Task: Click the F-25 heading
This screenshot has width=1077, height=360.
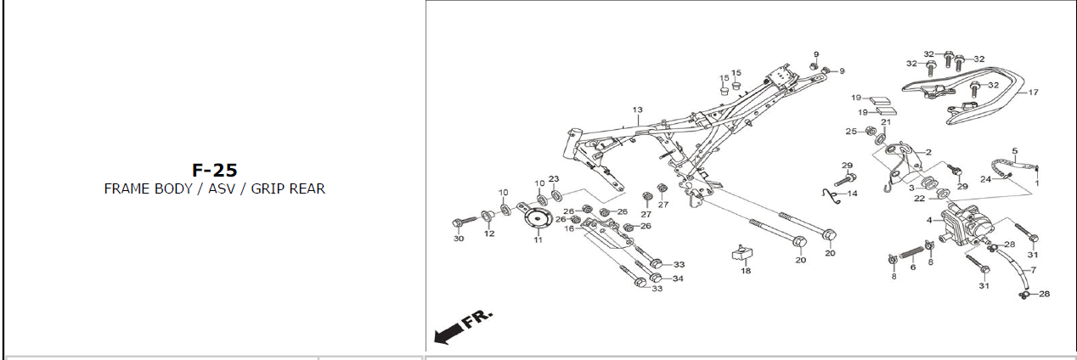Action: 214,171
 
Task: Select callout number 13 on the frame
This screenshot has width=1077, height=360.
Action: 638,110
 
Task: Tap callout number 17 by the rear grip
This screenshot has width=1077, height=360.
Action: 1034,93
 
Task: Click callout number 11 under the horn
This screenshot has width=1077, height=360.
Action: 537,240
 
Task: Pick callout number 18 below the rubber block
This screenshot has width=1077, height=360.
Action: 745,271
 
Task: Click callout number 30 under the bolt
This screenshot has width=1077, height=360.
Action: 459,239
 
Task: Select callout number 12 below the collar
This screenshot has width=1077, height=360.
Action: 489,233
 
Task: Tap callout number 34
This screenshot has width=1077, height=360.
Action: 678,278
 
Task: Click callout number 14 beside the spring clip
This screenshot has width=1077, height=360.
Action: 852,194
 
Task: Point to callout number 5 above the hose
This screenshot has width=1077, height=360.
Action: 1014,151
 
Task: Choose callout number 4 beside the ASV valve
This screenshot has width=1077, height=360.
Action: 929,220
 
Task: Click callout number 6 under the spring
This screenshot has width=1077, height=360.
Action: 913,267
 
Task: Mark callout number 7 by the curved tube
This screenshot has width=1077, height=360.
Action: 1034,269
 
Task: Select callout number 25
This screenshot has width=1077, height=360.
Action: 851,132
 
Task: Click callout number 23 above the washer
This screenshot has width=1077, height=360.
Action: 554,179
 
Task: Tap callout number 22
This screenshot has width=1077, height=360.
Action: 919,200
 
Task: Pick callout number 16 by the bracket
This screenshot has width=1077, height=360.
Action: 569,228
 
